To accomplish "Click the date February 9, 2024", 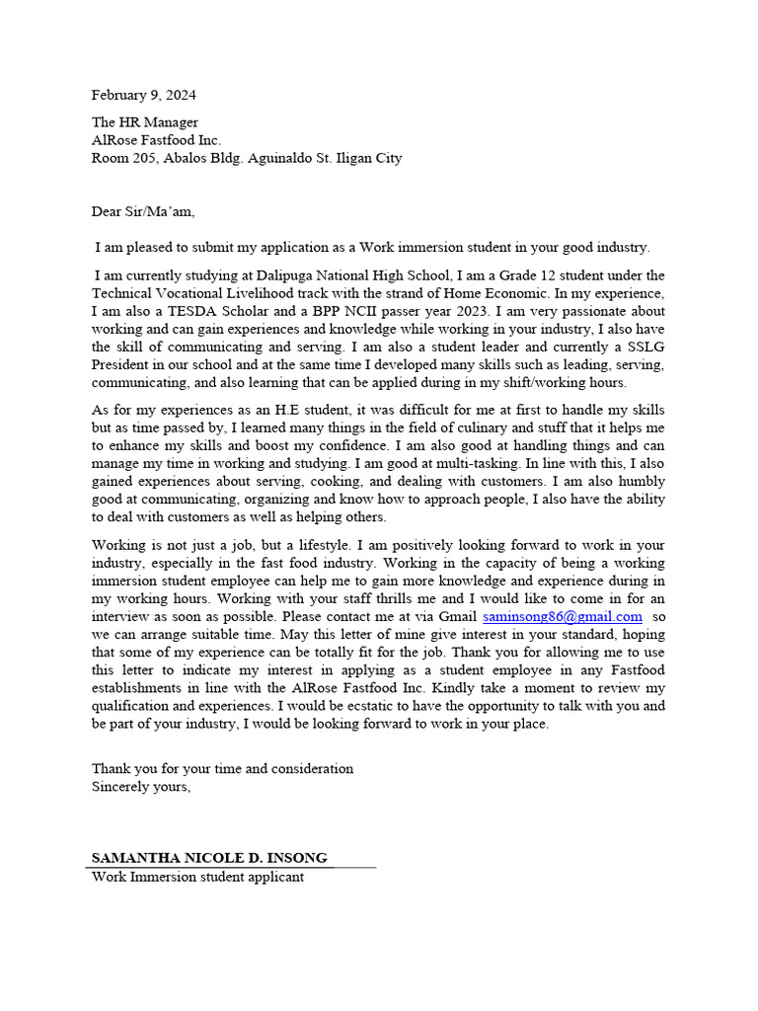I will tap(143, 95).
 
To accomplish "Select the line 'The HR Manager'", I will tap(138, 122).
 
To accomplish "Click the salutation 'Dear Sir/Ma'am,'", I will tap(143, 211).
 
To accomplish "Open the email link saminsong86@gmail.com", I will tap(562, 616).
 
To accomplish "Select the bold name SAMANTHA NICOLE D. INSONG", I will tap(209, 858).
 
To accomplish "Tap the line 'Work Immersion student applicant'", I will tap(197, 876).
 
